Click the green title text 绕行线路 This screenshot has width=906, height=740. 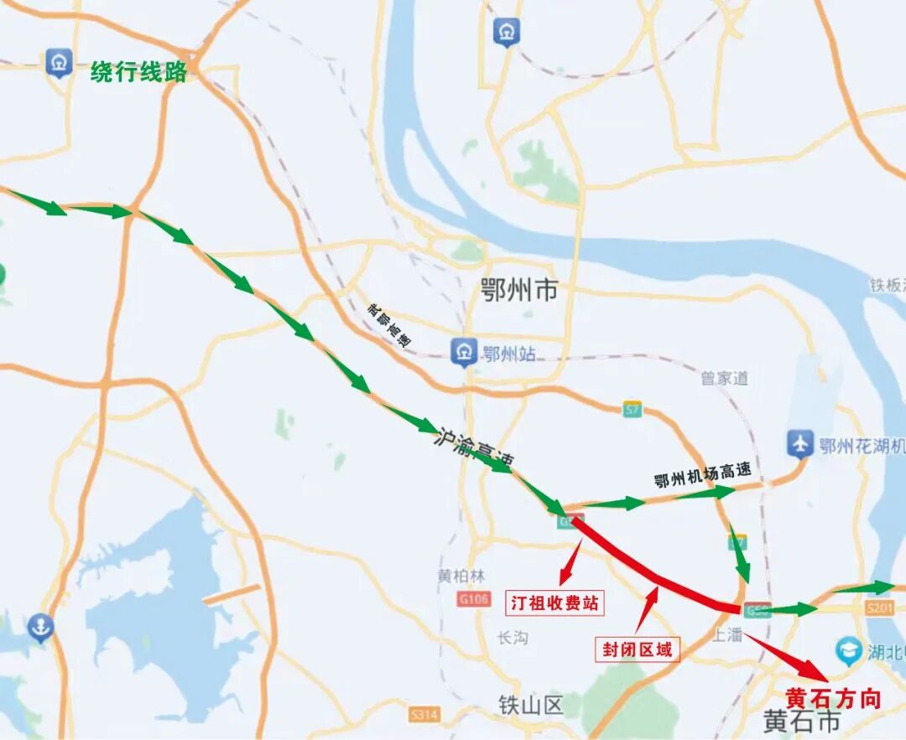coord(138,72)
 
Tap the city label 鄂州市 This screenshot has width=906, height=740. coord(519,291)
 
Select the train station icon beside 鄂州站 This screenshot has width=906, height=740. coord(463,353)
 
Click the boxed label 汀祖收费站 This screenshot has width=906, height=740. coord(555,603)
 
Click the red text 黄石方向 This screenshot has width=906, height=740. coord(833,698)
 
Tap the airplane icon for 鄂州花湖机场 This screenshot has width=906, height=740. coord(800,444)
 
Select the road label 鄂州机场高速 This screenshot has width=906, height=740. coord(703,475)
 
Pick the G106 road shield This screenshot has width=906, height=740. coord(474,599)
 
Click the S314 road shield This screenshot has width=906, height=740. coord(425,714)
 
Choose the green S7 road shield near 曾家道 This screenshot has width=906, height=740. coord(633,409)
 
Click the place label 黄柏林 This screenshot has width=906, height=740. coord(461,577)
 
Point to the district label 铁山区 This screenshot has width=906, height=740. coord(530,705)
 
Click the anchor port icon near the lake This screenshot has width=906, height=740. coord(39,626)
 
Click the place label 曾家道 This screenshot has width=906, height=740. coord(725,379)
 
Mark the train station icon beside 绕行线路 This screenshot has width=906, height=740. coord(59,63)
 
